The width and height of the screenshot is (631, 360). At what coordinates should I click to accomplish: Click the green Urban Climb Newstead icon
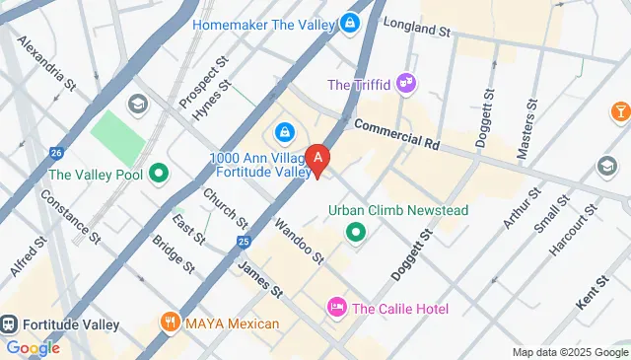coord(355,233)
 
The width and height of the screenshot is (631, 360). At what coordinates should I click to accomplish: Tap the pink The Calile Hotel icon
coord(336,308)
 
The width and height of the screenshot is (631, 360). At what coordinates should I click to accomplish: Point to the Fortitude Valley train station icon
coord(10,324)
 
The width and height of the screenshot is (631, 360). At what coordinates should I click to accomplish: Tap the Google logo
coord(33,347)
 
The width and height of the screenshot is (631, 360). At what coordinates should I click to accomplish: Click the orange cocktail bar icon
coord(621,110)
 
